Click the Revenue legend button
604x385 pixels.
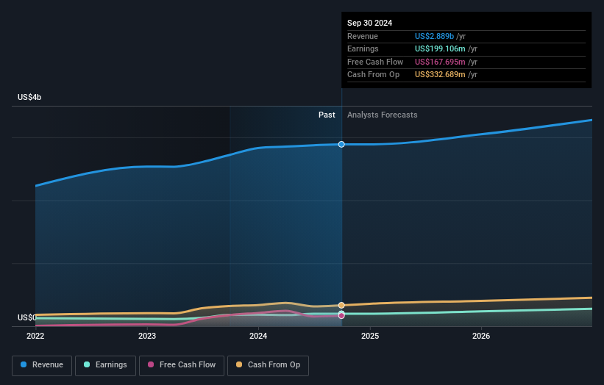coord(43,364)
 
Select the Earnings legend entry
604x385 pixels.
coord(105,364)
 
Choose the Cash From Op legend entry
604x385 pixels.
coord(268,364)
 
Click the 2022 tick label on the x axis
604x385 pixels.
coord(35,336)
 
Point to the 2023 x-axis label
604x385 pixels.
coord(147,336)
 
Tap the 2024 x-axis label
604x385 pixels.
coord(258,336)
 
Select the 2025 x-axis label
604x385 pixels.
coord(370,336)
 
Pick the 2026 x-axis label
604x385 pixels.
coord(481,336)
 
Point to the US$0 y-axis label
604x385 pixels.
coord(27,317)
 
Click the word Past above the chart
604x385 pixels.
coord(327,115)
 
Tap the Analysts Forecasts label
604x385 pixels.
coord(382,115)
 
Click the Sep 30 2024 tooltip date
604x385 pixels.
coord(369,23)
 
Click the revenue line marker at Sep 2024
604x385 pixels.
coord(341,144)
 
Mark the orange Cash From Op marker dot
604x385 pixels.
coord(341,305)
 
